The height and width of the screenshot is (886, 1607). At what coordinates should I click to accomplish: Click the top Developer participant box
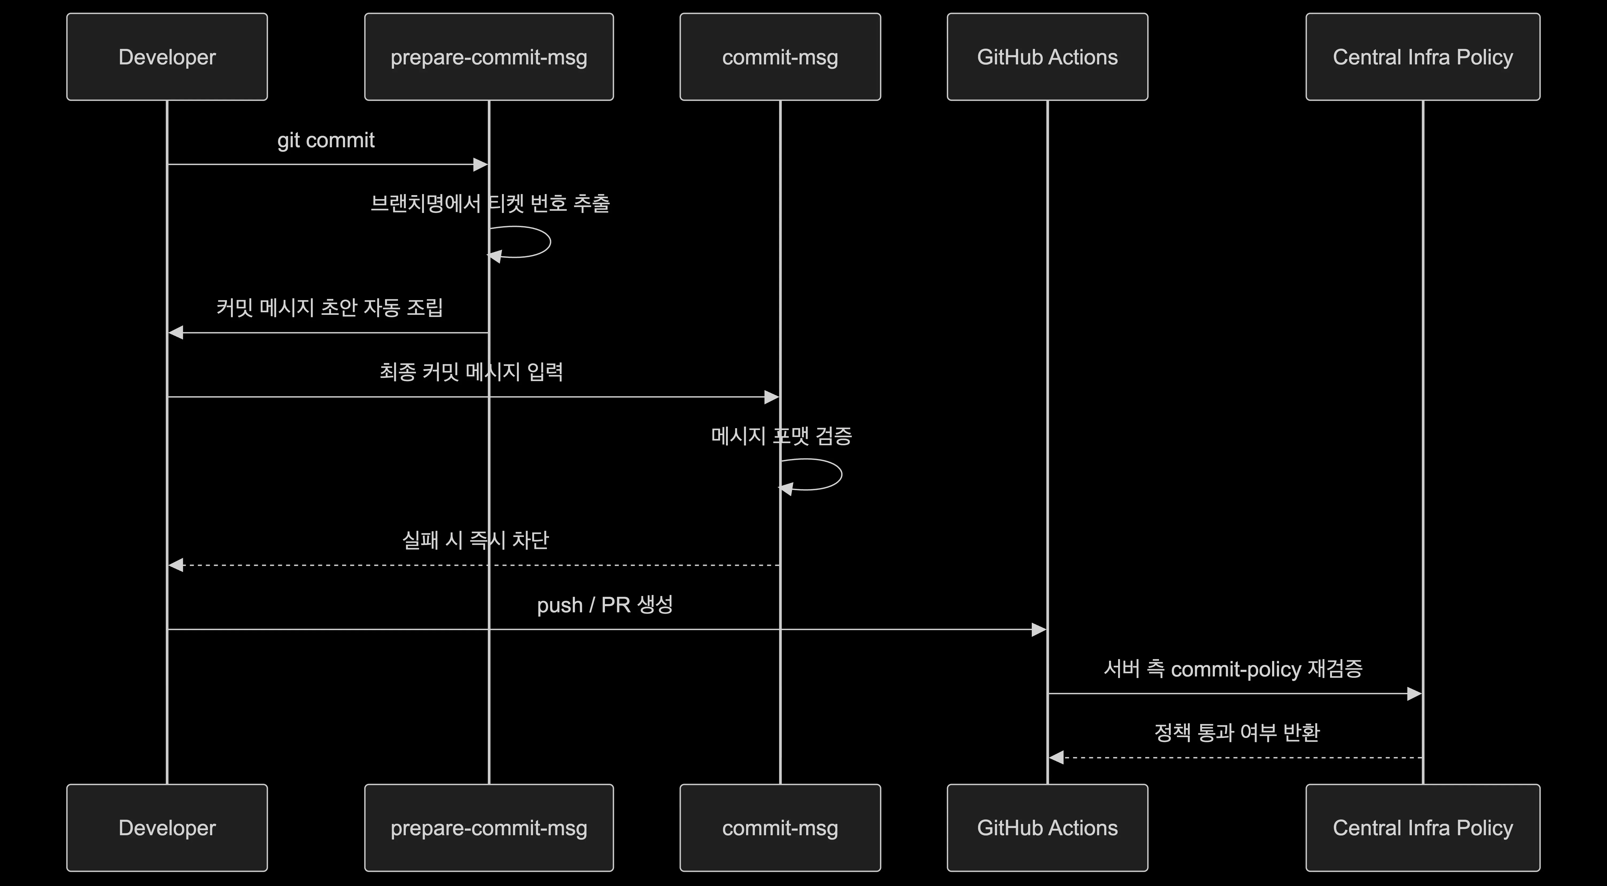[167, 57]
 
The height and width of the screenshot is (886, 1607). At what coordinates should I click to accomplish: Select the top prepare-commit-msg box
[489, 57]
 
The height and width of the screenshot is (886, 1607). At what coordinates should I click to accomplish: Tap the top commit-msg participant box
[781, 57]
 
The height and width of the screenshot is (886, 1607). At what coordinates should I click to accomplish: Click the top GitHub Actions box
[1048, 57]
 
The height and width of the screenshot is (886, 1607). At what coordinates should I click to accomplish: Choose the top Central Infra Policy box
[1423, 57]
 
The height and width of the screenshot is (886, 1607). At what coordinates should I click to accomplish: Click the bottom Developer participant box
[167, 828]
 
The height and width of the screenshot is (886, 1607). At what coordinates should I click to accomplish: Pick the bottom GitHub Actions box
[1048, 828]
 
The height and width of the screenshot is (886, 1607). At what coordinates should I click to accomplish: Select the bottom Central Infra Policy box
[1423, 828]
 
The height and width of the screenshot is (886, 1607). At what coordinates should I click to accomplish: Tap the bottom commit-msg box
[781, 828]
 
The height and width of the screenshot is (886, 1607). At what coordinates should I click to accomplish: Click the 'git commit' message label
[326, 140]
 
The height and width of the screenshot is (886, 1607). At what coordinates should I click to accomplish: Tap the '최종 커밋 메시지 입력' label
[472, 372]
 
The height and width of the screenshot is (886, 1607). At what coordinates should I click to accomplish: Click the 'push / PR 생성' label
[605, 605]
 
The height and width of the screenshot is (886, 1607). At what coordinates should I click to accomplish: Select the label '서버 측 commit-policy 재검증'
[1233, 669]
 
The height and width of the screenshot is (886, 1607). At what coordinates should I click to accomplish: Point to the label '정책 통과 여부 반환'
[1237, 733]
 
